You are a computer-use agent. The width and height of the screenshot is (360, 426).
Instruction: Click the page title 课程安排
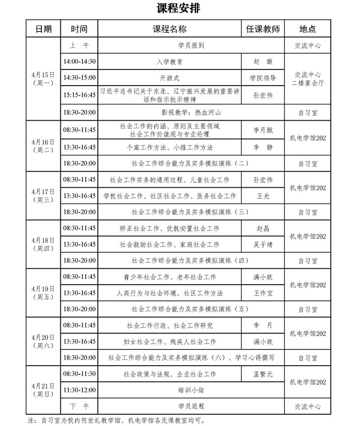point(178,9)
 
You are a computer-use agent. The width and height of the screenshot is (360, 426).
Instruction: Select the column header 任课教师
point(263,29)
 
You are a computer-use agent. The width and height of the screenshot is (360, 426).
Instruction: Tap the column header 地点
point(308,29)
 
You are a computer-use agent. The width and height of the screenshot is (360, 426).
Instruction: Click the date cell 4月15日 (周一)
point(43,78)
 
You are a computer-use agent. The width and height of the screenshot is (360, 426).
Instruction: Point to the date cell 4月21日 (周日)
point(43,390)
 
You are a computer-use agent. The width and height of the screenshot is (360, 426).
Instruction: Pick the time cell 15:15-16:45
point(79,95)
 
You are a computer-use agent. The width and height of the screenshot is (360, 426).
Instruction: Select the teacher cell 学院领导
point(263,77)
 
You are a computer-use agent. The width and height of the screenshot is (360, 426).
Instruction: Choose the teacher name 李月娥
point(263,130)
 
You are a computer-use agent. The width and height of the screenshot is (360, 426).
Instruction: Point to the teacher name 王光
point(263,196)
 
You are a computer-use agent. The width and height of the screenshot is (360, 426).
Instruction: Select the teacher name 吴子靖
point(263,245)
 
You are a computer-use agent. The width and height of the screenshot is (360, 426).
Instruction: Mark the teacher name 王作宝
point(263,293)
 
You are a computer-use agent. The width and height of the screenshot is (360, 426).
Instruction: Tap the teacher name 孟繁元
point(263,374)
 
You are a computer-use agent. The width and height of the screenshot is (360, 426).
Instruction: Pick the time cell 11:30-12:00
point(79,390)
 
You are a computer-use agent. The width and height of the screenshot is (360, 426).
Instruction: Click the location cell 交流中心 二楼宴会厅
point(308,78)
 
